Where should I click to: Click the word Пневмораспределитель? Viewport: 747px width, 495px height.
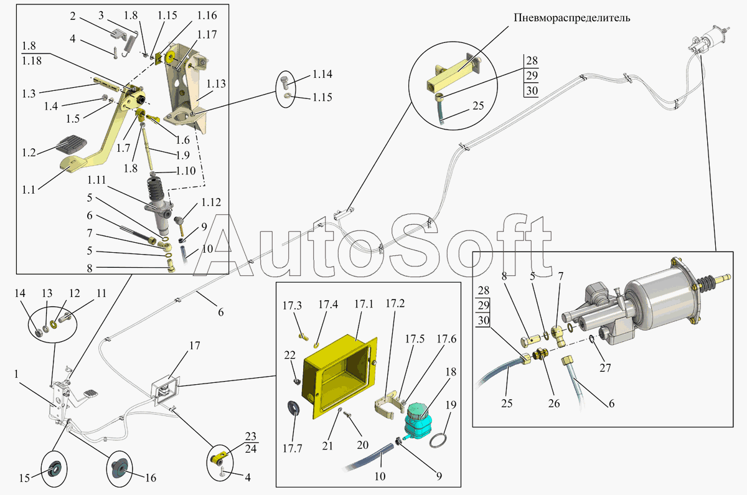(x=571, y=17)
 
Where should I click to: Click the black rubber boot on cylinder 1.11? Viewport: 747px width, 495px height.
(x=157, y=190)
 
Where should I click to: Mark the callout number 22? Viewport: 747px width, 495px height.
(x=289, y=355)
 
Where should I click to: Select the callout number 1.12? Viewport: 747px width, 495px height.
(x=210, y=203)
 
